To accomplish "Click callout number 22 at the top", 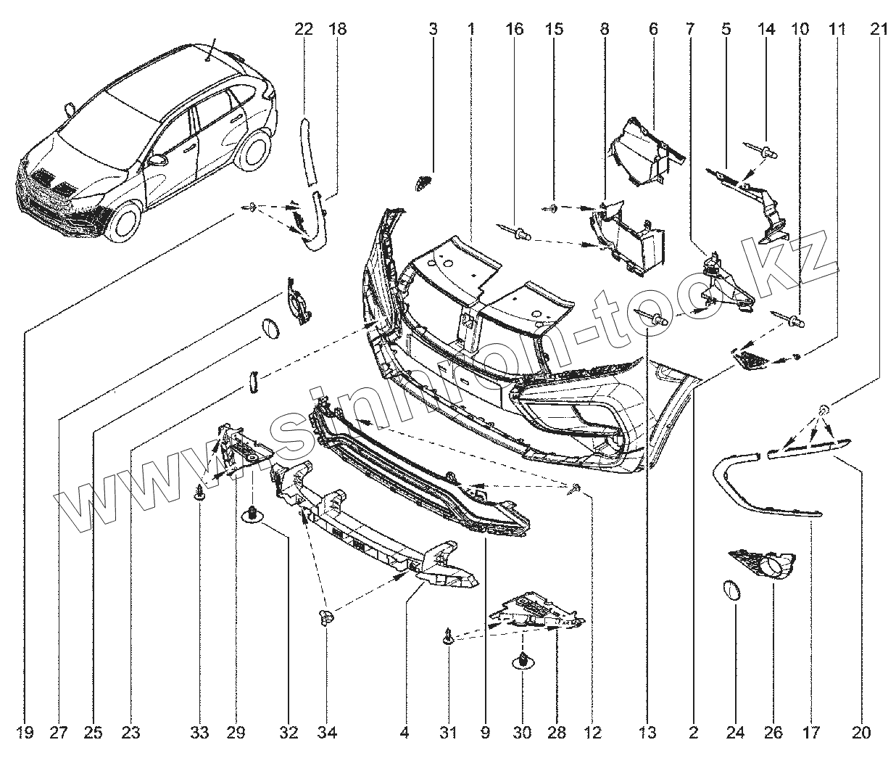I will pyautogui.click(x=304, y=30).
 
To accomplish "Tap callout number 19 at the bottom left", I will pyautogui.click(x=24, y=733).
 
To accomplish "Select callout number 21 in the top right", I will pyautogui.click(x=879, y=30).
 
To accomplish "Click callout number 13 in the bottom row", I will pyautogui.click(x=647, y=733).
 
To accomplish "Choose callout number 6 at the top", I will pyautogui.click(x=652, y=30).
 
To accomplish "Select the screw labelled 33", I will pyautogui.click(x=199, y=495).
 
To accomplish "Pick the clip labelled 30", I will pyautogui.click(x=522, y=661).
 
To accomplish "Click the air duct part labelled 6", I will pyautogui.click(x=641, y=149).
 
